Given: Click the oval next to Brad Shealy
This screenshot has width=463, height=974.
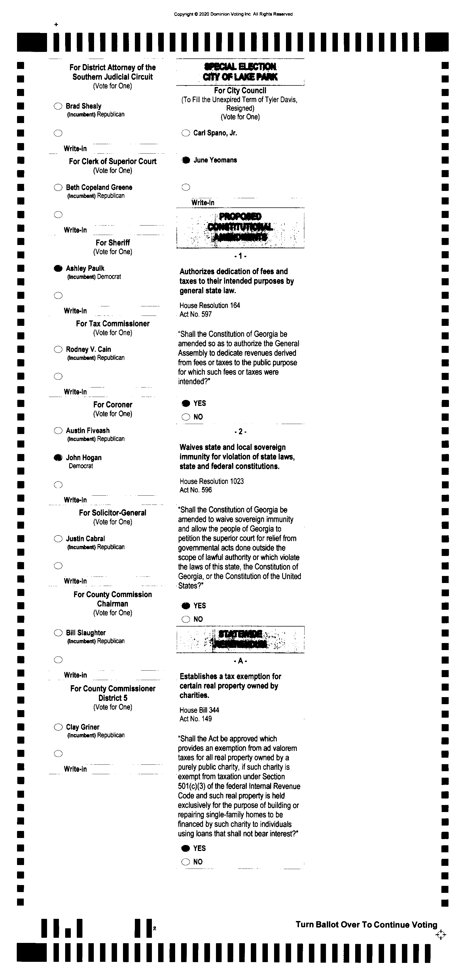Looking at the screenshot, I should tap(58, 106).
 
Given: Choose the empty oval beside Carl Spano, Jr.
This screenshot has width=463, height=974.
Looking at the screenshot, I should tap(186, 133).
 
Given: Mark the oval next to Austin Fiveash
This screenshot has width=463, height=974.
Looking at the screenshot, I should tap(58, 431).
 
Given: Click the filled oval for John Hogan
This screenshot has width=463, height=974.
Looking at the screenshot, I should tap(58, 458).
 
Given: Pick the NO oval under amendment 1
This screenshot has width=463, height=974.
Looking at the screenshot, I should tap(186, 417).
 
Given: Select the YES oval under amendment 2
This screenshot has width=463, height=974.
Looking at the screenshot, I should tap(186, 606).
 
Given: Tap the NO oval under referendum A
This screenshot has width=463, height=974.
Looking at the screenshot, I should tap(186, 862).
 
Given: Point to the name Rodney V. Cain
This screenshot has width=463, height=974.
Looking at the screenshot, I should tap(88, 349).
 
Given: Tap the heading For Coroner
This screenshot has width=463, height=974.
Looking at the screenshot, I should tap(113, 405).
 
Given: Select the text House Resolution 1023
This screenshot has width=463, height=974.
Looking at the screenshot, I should tap(212, 481).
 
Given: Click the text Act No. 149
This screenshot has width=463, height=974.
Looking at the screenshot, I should tap(195, 719).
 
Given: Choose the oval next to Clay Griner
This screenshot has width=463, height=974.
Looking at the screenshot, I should tap(58, 727).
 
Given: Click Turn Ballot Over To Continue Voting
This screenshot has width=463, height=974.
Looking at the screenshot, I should tap(366, 925).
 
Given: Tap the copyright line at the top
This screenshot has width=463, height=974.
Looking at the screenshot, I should tap(233, 14).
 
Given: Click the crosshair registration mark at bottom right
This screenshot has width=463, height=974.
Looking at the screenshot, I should tap(441, 935).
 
